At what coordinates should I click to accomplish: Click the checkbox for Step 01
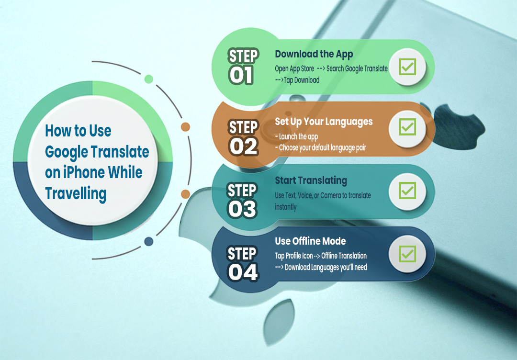(x=407, y=67)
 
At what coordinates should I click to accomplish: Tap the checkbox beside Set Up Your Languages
(x=407, y=127)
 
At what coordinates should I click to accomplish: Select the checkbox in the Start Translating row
(x=407, y=191)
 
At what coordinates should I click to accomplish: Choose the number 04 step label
(x=243, y=272)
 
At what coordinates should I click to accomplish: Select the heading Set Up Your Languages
(x=324, y=122)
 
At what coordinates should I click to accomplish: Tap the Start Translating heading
(x=311, y=180)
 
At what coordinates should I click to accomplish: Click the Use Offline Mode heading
(x=310, y=241)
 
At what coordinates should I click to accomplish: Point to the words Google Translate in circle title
(x=97, y=152)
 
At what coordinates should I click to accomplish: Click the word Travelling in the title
(x=76, y=193)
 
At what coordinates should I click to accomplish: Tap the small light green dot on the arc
(x=149, y=79)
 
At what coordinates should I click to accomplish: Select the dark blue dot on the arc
(x=149, y=241)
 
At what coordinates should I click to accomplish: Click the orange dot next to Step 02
(x=185, y=127)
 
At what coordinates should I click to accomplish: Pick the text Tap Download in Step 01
(x=301, y=80)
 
